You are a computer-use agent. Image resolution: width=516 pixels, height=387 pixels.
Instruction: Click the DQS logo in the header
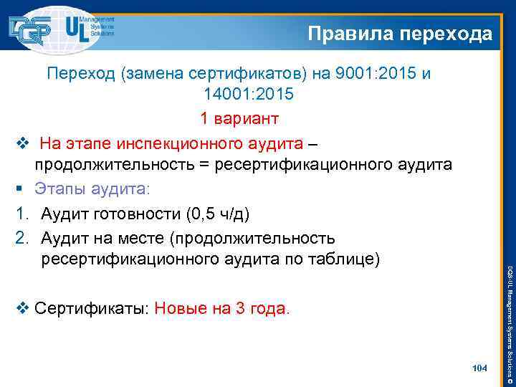(30, 29)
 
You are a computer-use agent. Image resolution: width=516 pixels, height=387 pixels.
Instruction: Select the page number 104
(480, 368)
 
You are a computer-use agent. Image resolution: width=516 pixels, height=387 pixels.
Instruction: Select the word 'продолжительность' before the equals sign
(114, 165)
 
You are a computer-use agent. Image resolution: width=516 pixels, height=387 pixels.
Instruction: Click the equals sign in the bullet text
(205, 166)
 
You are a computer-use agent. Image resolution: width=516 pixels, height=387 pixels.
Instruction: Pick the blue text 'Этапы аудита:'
(95, 189)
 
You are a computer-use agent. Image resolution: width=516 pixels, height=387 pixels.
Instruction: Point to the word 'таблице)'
(347, 259)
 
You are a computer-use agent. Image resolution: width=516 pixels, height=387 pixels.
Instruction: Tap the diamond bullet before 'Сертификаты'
(22, 310)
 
